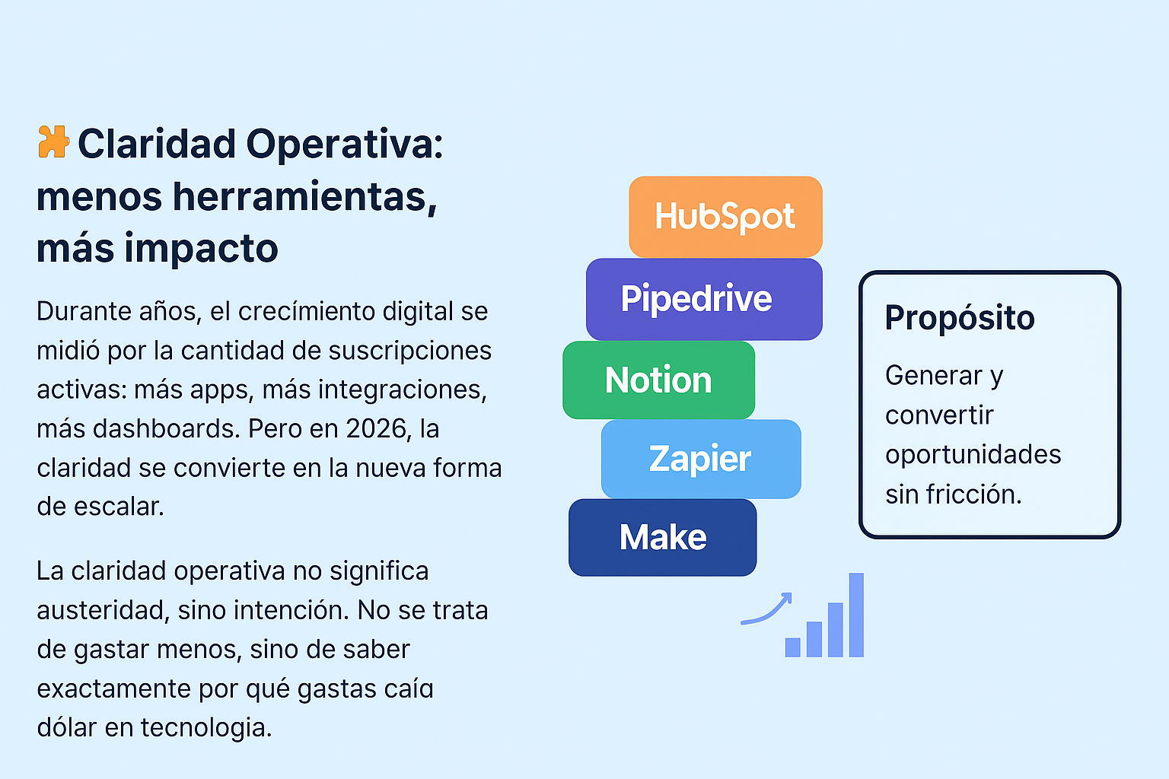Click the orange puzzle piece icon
pyautogui.click(x=53, y=142)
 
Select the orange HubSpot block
pyautogui.click(x=725, y=217)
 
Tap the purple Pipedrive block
pyautogui.click(x=703, y=299)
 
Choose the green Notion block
pyautogui.click(x=658, y=380)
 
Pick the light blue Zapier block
pyautogui.click(x=700, y=459)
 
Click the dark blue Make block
pyautogui.click(x=662, y=537)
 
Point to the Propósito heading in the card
pyautogui.click(x=959, y=318)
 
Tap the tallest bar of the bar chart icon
pyautogui.click(x=856, y=615)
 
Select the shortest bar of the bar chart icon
pyautogui.click(x=792, y=647)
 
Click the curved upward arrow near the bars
pyautogui.click(x=767, y=610)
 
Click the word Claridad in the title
pyautogui.click(x=157, y=144)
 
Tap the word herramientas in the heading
pyautogui.click(x=304, y=196)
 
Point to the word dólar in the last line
pyautogui.click(x=66, y=727)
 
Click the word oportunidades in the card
pyautogui.click(x=973, y=455)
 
